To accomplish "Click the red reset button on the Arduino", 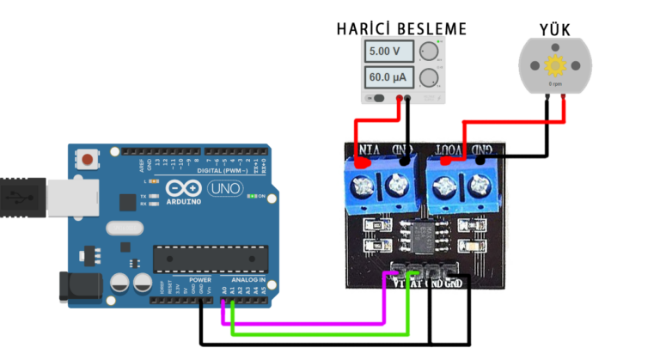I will point(88,159).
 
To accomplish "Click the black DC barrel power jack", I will point(77,286).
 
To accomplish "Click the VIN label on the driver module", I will point(368,150).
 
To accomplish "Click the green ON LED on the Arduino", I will point(250,196).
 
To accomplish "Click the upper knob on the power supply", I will point(428,52).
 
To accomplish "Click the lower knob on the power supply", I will point(428,79).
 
